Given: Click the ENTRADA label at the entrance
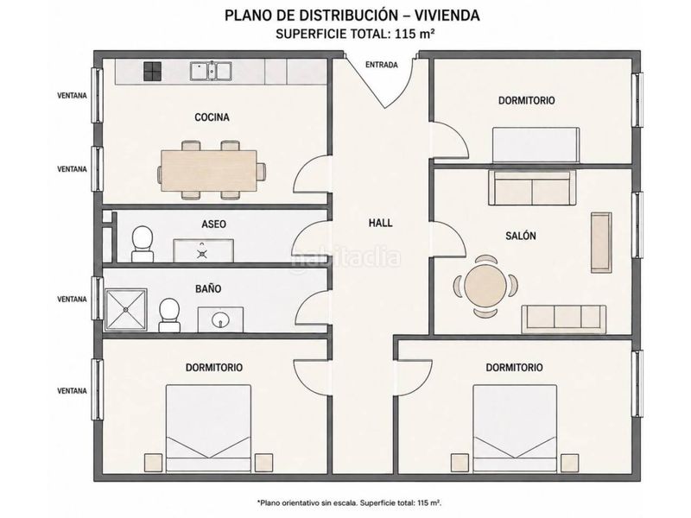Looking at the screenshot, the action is tap(382, 65).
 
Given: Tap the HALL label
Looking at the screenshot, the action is tap(380, 223).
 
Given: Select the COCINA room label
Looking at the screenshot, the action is tap(212, 117).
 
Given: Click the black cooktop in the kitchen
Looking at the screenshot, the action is tap(153, 72).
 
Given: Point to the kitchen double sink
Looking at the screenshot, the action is tap(211, 72).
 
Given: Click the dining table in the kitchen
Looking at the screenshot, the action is tap(209, 171).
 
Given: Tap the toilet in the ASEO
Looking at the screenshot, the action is tap(143, 244).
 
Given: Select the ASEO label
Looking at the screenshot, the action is tap(213, 224).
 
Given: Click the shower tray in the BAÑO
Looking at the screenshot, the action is tap(126, 310).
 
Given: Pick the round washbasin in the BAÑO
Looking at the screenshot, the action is tap(220, 319).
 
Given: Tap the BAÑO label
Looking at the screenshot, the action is tap(208, 288).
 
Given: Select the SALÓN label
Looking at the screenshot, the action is tap(521, 236).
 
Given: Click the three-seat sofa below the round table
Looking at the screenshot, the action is tap(564, 319).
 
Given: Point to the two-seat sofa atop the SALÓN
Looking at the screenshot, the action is tap(532, 188).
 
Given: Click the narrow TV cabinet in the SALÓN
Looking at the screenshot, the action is tap(601, 243).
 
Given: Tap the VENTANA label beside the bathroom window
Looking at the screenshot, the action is tap(73, 299).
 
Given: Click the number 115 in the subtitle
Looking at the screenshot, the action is tap(406, 34).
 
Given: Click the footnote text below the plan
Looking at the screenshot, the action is tap(350, 502).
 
